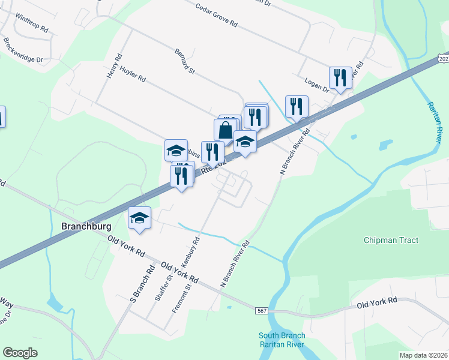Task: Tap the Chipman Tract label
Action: coord(391,241)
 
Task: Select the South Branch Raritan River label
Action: coord(282,340)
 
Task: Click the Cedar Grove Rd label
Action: coord(217,16)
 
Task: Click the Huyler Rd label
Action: coord(133,74)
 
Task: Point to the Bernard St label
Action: coord(185,62)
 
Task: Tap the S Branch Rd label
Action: coord(143,280)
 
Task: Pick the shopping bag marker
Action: coord(225,130)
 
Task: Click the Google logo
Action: coord(20,353)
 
